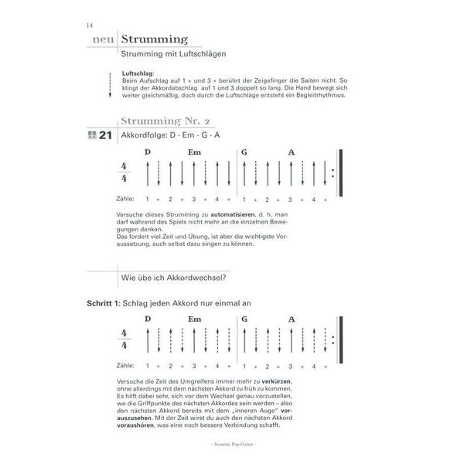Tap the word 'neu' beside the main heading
click(x=103, y=40)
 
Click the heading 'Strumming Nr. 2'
click(x=165, y=121)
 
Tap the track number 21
click(x=106, y=135)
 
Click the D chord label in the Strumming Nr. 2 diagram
click(x=148, y=152)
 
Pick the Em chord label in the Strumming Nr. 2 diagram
click(x=194, y=152)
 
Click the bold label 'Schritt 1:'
click(x=104, y=304)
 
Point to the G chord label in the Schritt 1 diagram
click(x=244, y=319)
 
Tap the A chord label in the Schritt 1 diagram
click(x=292, y=319)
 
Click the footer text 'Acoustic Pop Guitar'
click(x=231, y=447)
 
